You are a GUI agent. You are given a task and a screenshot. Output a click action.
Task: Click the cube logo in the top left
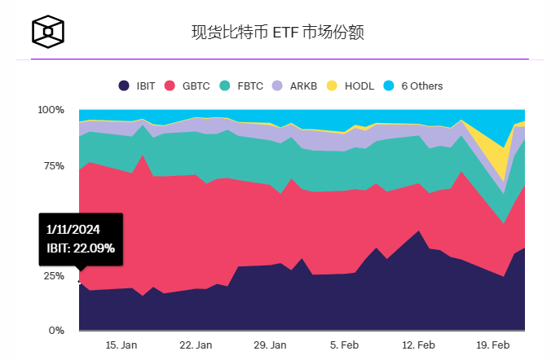click(48, 32)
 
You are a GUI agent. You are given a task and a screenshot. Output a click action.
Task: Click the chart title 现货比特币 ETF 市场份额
click(277, 33)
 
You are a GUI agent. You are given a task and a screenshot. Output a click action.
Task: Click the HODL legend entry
click(352, 86)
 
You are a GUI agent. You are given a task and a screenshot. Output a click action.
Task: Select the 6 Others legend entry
click(413, 86)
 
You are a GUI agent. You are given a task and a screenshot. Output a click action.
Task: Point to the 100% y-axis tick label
click(51, 110)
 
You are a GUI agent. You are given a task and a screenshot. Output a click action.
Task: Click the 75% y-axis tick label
click(53, 165)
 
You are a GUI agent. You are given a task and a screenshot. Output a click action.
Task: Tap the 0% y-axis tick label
click(56, 331)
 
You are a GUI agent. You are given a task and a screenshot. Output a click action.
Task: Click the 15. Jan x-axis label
click(121, 345)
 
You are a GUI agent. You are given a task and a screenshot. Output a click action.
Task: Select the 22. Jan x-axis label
click(196, 345)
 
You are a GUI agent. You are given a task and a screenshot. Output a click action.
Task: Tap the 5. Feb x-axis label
click(344, 345)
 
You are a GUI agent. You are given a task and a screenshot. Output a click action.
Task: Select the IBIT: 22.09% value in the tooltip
click(81, 248)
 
